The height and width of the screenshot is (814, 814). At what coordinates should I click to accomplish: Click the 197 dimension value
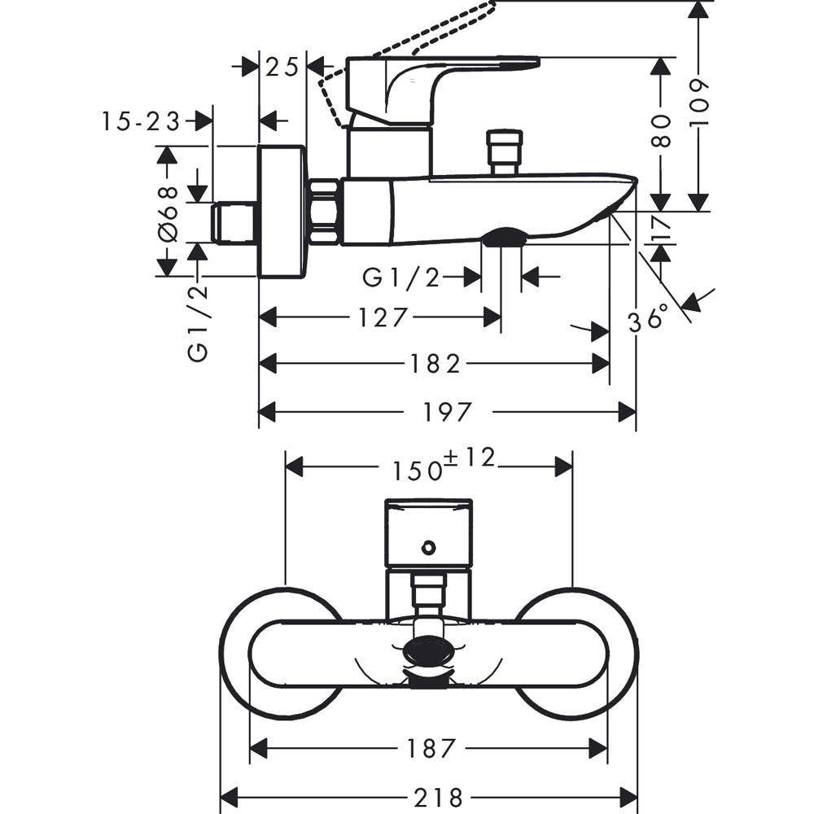coord(447,413)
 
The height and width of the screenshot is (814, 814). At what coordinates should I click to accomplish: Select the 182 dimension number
coord(435,364)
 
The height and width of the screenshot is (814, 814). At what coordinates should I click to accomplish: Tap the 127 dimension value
coord(383,317)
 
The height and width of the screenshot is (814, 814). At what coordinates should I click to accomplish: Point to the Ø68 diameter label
coord(168,212)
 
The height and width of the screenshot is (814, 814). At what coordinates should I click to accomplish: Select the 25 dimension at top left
coord(282,67)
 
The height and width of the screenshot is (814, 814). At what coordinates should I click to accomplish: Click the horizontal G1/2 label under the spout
coord(400,278)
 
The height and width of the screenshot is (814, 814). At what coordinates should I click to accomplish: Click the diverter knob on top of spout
coord(504,150)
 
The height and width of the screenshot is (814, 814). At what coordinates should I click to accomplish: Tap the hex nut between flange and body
coord(324,212)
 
